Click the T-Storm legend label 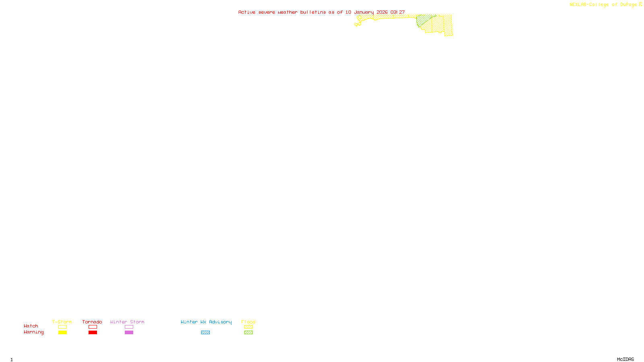pos(62,322)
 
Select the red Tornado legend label pos(92,322)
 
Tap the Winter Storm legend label pos(127,322)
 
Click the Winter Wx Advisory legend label pos(206,322)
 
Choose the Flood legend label pos(248,322)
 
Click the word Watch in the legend pos(31,326)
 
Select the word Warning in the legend pos(34,332)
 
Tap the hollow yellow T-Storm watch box pos(62,327)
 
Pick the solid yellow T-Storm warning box pos(62,333)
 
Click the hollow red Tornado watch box pos(93,327)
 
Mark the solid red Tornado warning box pos(93,333)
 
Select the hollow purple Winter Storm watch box pos(129,327)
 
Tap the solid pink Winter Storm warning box pos(129,333)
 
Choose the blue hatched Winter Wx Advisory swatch pos(205,333)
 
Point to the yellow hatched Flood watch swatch pos(248,327)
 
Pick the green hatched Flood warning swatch pos(248,333)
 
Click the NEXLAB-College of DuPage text pos(603,5)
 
